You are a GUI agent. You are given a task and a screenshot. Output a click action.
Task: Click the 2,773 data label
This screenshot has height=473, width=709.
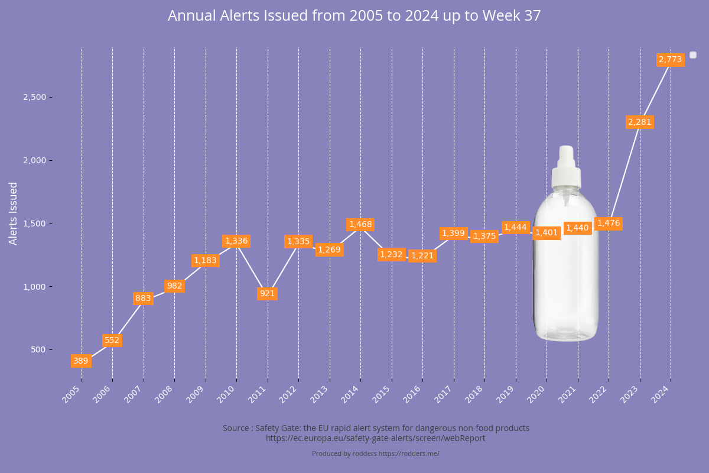tap(670, 59)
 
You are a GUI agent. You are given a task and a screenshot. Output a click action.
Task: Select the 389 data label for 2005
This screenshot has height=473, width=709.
tap(81, 361)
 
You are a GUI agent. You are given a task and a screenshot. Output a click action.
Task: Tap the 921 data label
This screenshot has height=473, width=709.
tap(267, 293)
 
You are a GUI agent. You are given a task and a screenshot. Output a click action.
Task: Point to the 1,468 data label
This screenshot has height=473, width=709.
tap(360, 225)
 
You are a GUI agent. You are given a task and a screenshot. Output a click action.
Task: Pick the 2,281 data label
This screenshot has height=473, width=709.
tap(639, 122)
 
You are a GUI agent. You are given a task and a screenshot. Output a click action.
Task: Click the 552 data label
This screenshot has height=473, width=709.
tap(112, 341)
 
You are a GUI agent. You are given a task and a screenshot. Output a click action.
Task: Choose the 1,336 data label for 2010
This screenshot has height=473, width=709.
tap(236, 241)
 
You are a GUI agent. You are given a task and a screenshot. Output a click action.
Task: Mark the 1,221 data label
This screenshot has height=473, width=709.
tap(422, 255)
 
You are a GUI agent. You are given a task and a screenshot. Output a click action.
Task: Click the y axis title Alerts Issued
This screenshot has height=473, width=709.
tap(13, 213)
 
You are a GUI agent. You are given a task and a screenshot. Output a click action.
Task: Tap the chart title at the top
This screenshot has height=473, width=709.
tap(354, 16)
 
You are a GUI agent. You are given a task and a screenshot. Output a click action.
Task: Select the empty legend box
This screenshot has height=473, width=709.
tap(693, 55)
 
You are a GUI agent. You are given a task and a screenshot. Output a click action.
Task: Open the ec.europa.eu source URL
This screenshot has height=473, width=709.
tap(376, 438)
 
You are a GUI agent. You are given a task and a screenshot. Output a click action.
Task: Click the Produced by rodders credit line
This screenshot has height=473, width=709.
tap(376, 453)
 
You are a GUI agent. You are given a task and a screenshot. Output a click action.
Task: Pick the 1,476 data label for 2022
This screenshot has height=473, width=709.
tap(609, 223)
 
